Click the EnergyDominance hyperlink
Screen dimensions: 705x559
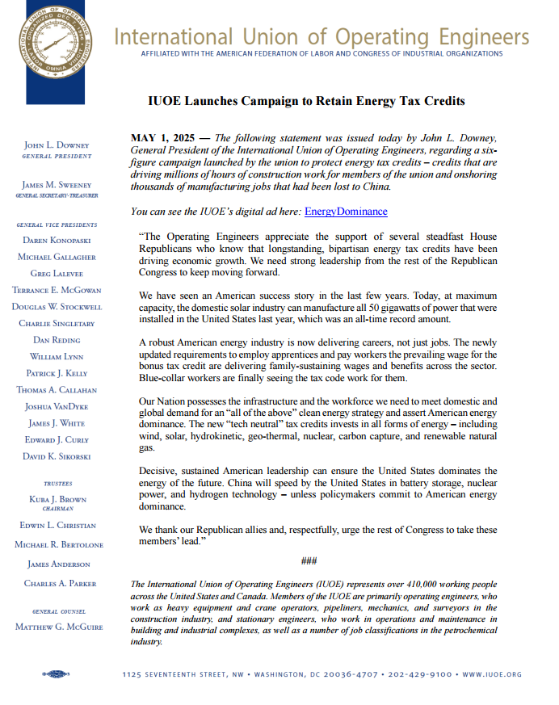345,212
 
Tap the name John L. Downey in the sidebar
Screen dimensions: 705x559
57,145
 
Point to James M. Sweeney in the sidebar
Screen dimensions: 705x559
57,185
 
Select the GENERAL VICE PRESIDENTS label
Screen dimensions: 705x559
57,225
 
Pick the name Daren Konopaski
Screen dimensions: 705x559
57,241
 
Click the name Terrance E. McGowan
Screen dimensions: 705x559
57,290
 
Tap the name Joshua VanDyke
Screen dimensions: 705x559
57,406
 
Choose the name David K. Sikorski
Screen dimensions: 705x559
57,456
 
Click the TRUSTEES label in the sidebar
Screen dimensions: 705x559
57,484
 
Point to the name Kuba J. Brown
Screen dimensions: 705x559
57,499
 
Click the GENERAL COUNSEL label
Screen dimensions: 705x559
57,611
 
